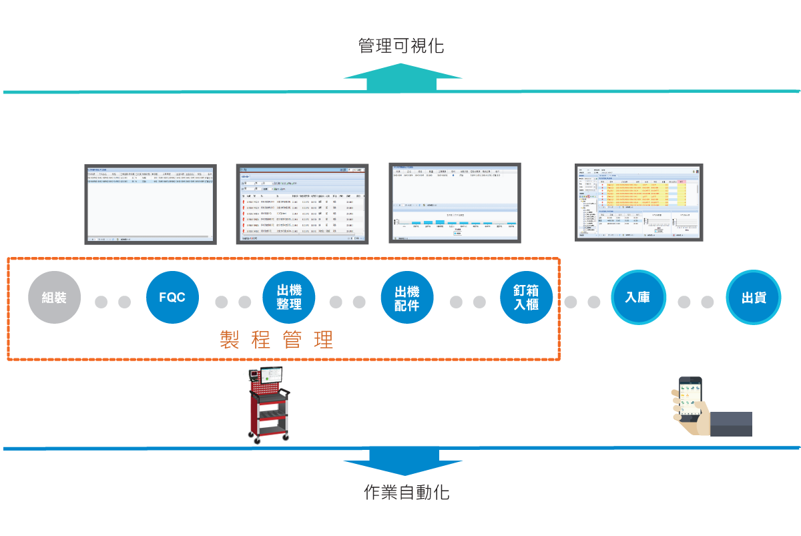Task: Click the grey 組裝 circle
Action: [x=54, y=298]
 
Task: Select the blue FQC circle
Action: [x=172, y=298]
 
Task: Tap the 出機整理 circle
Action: [x=289, y=298]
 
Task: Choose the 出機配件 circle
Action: [x=407, y=298]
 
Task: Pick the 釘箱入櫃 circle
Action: [x=527, y=298]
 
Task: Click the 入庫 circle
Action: [x=637, y=298]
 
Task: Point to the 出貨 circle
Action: [x=753, y=298]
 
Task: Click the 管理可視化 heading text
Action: [x=400, y=46]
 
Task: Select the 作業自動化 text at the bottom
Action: [x=407, y=493]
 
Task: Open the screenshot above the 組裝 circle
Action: [x=150, y=204]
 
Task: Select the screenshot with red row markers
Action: [x=302, y=204]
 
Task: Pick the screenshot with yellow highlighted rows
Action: [x=639, y=202]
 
